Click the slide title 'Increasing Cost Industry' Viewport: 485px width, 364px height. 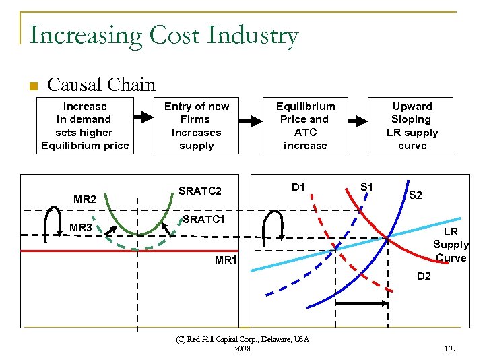pos(164,34)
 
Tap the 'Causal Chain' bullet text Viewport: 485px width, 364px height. pos(101,85)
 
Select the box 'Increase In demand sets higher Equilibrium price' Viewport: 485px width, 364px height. pos(85,126)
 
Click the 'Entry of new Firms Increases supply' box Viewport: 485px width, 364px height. pos(197,126)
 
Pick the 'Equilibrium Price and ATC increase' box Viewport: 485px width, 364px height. pos(305,126)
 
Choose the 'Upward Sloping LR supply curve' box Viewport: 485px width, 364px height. pos(412,126)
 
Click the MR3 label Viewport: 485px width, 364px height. pos(81,228)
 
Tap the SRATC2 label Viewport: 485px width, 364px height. pos(200,191)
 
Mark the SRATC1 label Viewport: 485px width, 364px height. pos(203,220)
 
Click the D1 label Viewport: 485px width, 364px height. pos(298,186)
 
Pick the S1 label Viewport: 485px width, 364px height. pos(368,186)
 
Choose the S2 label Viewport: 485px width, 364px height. pos(416,195)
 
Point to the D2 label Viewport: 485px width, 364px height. pos(424,276)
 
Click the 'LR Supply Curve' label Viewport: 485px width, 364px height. pos(450,245)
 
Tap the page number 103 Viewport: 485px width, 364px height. pos(451,348)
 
